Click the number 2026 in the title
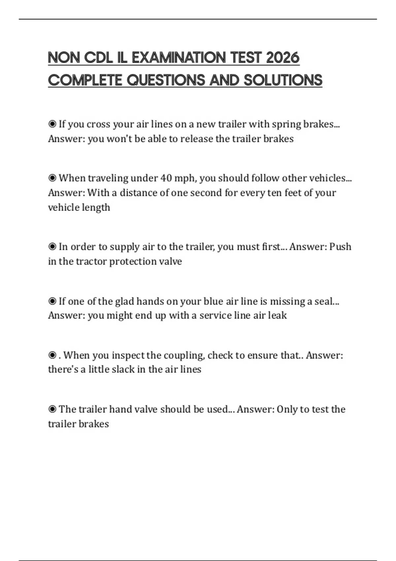pyautogui.click(x=282, y=58)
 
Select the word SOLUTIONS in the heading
pyautogui.click(x=283, y=80)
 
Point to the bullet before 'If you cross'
pyautogui.click(x=52, y=124)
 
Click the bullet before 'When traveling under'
pyautogui.click(x=52, y=178)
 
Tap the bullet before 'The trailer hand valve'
pyautogui.click(x=52, y=410)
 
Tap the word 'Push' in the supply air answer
pyautogui.click(x=340, y=247)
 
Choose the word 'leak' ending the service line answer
pyautogui.click(x=277, y=315)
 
